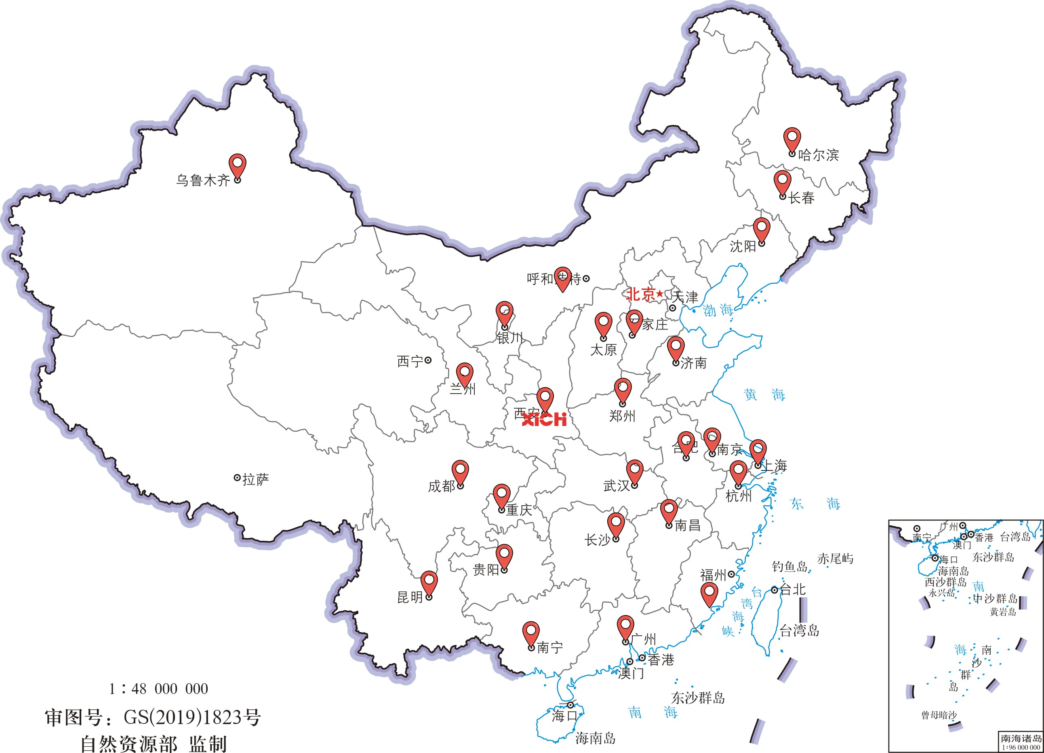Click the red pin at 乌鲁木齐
tap(238, 165)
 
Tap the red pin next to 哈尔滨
tap(792, 139)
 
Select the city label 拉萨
tap(255, 479)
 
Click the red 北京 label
tap(641, 294)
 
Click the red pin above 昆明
tap(429, 582)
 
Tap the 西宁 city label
tap(410, 361)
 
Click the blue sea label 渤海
tap(718, 310)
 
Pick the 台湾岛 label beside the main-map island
tap(800, 631)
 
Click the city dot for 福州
tap(731, 574)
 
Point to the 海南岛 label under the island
tap(596, 738)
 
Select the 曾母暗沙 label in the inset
tap(939, 715)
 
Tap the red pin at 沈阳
tap(761, 228)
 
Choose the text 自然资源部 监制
tap(154, 744)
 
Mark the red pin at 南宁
tap(531, 632)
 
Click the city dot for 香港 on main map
tap(642, 658)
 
